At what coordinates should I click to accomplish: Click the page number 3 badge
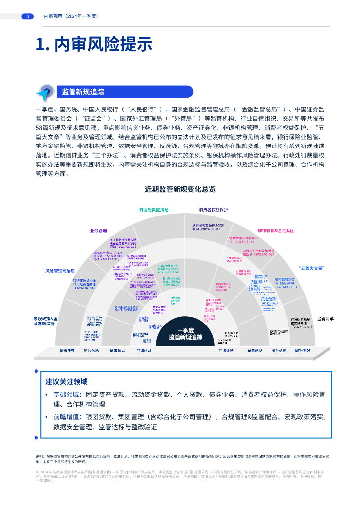point(27,16)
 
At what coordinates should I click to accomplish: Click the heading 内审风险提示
point(94,44)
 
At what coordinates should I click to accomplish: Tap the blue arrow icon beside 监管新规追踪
point(46,92)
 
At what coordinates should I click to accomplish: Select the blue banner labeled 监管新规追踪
point(123,92)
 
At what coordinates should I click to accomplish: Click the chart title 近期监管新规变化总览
point(180,189)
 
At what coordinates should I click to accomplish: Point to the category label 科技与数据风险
point(153,210)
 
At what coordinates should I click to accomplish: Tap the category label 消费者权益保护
point(213,210)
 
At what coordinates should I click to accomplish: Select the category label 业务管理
point(98,230)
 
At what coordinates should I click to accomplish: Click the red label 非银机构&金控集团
point(276,230)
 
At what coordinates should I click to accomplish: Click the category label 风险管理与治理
point(60,271)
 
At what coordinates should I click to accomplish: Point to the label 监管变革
point(325,319)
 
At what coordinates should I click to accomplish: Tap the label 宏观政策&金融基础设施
point(46,322)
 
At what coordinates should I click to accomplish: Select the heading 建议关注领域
point(67,381)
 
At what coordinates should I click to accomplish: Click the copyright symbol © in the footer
point(37,472)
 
